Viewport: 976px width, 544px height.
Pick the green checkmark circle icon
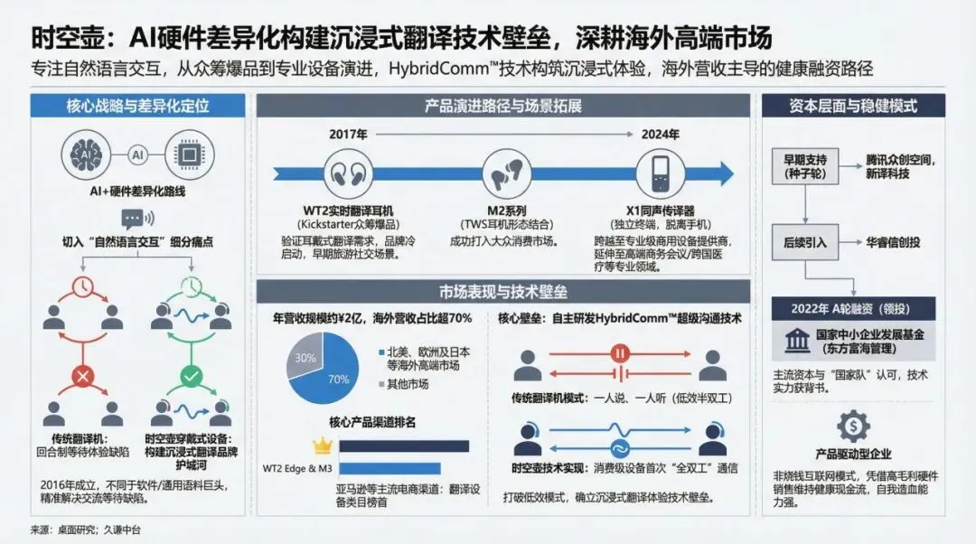point(190,375)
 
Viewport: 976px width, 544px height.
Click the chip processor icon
point(191,155)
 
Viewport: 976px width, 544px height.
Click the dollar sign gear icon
point(853,425)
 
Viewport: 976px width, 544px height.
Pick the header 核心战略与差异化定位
point(137,106)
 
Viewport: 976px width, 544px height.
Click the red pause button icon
point(620,353)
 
